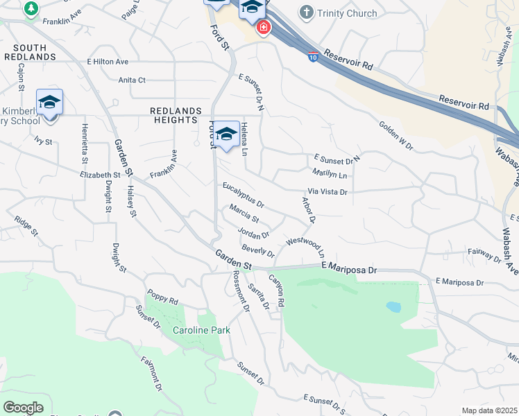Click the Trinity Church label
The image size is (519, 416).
pyautogui.click(x=347, y=13)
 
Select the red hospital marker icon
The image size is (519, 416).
pyautogui.click(x=263, y=28)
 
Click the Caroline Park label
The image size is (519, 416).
pyautogui.click(x=201, y=331)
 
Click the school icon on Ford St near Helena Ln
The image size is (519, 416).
pyautogui.click(x=226, y=135)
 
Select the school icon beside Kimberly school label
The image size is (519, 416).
pyautogui.click(x=49, y=103)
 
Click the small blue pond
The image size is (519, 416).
pyautogui.click(x=393, y=306)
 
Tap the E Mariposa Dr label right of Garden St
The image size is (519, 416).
pyautogui.click(x=349, y=268)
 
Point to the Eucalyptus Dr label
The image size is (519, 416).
pyautogui.click(x=244, y=196)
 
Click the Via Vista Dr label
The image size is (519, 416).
pyautogui.click(x=327, y=191)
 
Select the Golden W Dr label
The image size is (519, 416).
pyautogui.click(x=395, y=137)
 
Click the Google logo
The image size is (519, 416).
pyautogui.click(x=23, y=408)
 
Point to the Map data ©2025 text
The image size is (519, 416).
pyautogui.click(x=489, y=410)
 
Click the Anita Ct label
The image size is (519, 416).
pyautogui.click(x=132, y=80)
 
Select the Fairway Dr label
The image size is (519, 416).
pyautogui.click(x=484, y=256)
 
